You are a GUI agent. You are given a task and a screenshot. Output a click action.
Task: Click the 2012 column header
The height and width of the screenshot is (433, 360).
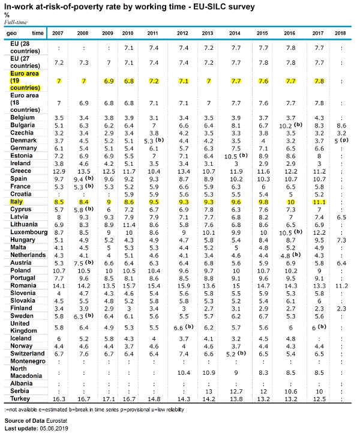[182, 33]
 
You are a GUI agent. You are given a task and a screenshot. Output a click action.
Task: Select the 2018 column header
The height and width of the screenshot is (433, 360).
[340, 33]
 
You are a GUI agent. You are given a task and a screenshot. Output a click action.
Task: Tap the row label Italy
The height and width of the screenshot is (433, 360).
[16, 202]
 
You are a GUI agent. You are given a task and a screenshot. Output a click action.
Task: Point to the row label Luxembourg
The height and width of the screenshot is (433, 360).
[29, 232]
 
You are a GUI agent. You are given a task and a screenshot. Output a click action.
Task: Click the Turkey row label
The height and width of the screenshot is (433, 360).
[20, 399]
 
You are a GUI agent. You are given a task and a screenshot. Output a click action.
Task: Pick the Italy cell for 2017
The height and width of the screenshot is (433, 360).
[319, 202]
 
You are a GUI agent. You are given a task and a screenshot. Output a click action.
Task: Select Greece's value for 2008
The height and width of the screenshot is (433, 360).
[84, 172]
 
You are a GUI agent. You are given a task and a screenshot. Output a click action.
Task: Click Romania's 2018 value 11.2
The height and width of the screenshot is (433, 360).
[341, 286]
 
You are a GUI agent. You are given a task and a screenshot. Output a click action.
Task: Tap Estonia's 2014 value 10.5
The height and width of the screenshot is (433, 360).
[231, 156]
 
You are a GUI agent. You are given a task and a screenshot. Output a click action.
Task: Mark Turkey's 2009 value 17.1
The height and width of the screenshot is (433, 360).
[109, 399]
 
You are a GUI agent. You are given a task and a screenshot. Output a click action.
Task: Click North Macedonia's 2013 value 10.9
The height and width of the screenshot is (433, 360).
[209, 372]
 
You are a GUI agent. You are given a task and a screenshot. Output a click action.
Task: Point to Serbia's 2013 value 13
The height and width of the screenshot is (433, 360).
[209, 392]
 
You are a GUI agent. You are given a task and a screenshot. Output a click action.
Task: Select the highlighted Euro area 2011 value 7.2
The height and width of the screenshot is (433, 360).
[154, 81]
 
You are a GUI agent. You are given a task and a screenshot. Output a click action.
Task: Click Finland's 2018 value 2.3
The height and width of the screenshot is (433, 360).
[341, 309]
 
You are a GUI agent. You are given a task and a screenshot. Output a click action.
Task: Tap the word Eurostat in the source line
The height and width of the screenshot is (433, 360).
[56, 421]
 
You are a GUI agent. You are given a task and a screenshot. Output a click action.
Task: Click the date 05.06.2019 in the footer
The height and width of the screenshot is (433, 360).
[54, 429]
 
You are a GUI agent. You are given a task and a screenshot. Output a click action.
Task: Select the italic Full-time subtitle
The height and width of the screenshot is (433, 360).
[16, 22]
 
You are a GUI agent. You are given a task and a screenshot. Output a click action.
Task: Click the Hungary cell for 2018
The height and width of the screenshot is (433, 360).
[341, 240]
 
